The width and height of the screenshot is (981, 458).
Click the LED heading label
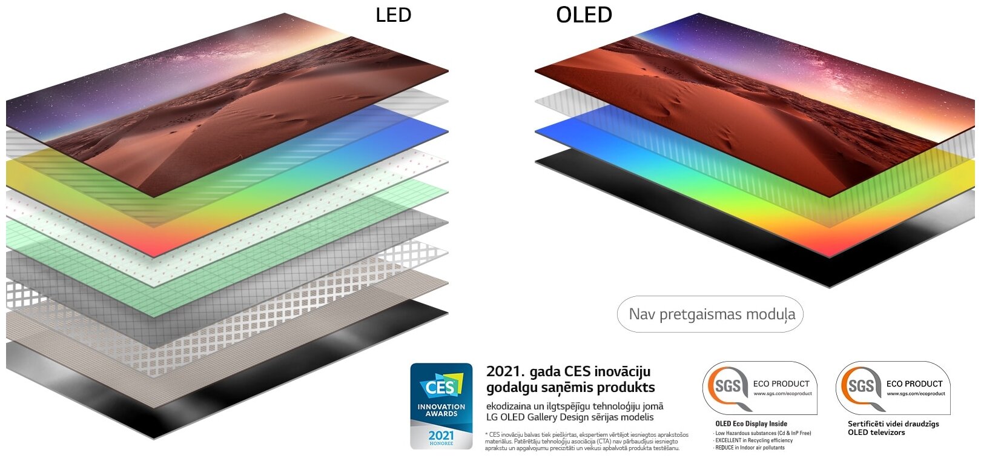click(393, 15)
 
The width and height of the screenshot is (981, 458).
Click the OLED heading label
click(584, 15)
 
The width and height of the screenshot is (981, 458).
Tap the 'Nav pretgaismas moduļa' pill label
click(710, 314)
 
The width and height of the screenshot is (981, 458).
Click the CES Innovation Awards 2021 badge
click(441, 405)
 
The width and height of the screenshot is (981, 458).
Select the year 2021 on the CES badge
click(441, 435)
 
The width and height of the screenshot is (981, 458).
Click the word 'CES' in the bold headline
click(578, 371)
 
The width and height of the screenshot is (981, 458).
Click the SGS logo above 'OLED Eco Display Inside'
click(727, 386)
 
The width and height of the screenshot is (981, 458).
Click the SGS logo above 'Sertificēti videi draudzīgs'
click(860, 386)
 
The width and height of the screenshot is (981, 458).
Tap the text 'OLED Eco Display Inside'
click(751, 423)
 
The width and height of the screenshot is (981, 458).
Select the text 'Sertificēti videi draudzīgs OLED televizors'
click(893, 428)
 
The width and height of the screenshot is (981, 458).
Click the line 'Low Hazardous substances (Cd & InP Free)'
click(762, 433)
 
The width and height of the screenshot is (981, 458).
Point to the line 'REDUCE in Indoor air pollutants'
click(749, 448)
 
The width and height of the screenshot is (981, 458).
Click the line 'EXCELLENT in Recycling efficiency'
click(753, 440)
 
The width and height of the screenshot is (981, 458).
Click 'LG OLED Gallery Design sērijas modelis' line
click(570, 417)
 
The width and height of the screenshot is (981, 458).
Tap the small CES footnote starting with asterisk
click(586, 441)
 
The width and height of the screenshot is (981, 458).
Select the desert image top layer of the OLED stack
click(757, 109)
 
